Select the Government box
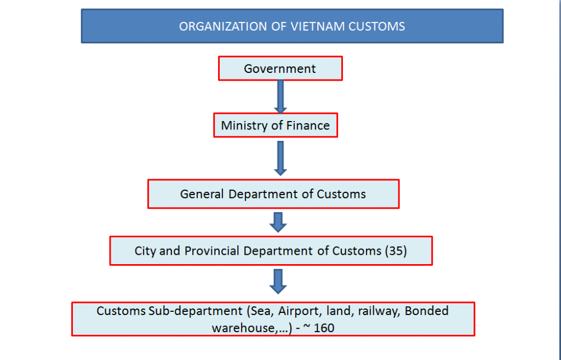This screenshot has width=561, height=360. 280,68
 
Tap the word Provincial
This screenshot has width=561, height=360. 212,251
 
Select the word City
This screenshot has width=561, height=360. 145,251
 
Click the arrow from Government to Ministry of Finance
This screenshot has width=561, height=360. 280,97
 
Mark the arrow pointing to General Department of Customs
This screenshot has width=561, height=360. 280,158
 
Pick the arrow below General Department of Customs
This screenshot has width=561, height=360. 279,222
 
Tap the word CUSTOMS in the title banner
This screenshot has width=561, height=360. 379,26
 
